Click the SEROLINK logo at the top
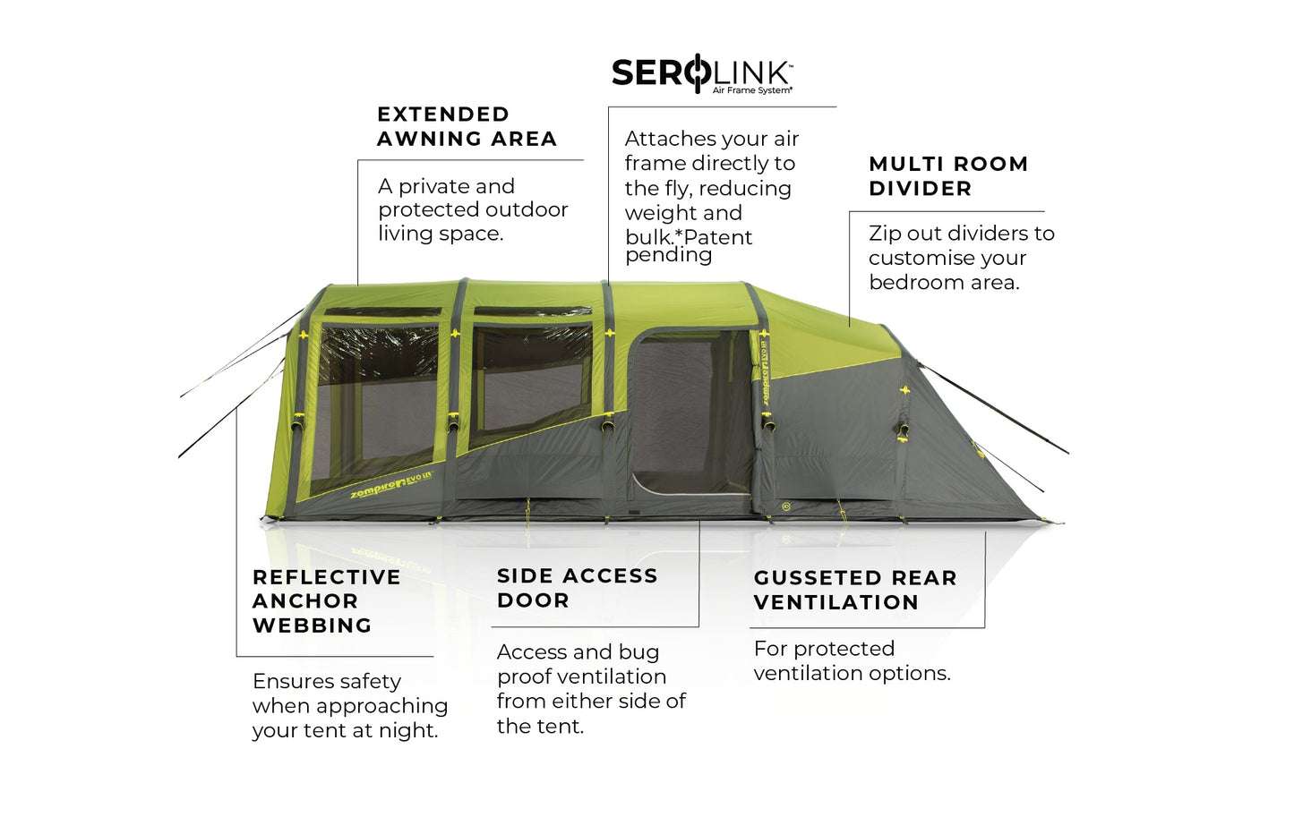click(x=701, y=73)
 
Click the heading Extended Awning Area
click(x=467, y=126)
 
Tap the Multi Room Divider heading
click(x=948, y=176)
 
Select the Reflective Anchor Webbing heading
click(x=326, y=601)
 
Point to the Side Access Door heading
click(x=577, y=588)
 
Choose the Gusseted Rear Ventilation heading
click(x=855, y=591)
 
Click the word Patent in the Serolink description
click(x=714, y=237)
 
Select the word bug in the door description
click(x=641, y=652)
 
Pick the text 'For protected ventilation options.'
click(x=852, y=660)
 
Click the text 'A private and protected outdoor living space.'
click(x=473, y=209)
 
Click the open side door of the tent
click(x=690, y=412)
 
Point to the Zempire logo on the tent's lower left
click(x=390, y=484)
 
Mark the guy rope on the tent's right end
click(x=994, y=408)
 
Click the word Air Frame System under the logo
click(x=752, y=90)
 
